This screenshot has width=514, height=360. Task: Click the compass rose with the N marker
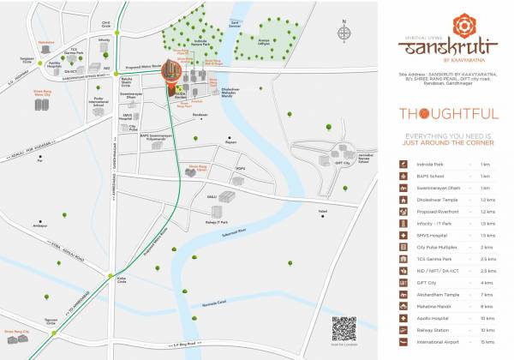point(344,34)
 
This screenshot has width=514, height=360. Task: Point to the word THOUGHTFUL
point(438,113)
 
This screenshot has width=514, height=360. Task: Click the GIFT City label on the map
point(344,159)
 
